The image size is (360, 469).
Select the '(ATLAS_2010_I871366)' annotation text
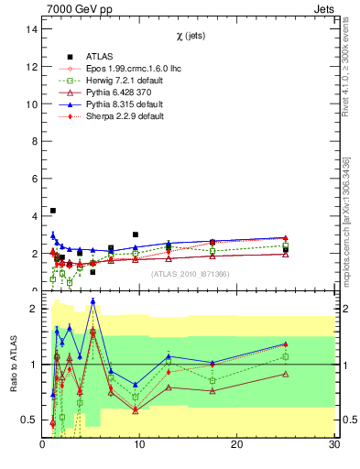[189, 274]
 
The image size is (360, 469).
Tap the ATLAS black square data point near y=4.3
[53, 211]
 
